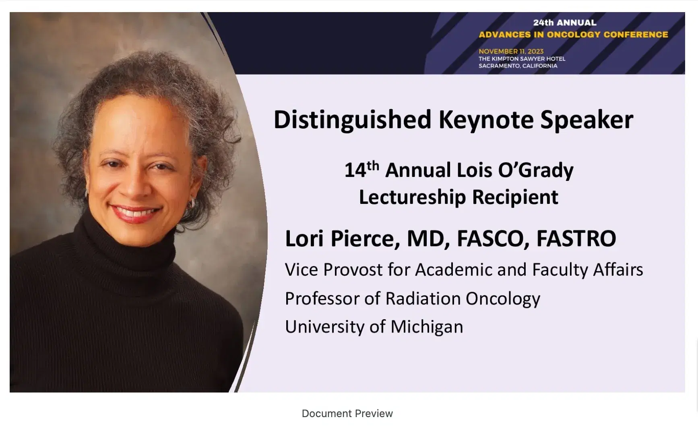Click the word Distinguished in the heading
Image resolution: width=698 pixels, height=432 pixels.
tap(352, 120)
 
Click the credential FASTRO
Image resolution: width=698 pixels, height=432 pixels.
tap(576, 239)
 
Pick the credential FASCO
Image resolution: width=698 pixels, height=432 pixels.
tap(493, 239)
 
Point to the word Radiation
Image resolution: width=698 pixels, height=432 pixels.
tap(423, 299)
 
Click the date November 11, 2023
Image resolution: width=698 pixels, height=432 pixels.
tap(511, 51)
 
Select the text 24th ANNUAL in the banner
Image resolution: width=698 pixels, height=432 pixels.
tap(565, 23)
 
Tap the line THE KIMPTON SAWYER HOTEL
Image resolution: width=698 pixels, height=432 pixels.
tap(522, 59)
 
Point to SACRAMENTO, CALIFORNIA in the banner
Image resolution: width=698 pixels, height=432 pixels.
tap(518, 66)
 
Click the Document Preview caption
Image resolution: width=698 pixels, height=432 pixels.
tap(347, 413)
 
